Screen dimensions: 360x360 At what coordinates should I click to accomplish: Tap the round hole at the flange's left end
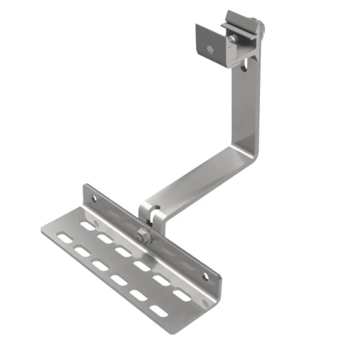[x=93, y=197]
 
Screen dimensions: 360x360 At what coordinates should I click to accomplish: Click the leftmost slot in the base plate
[x=63, y=239]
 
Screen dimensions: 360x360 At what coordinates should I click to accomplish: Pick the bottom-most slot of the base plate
[x=158, y=311]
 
